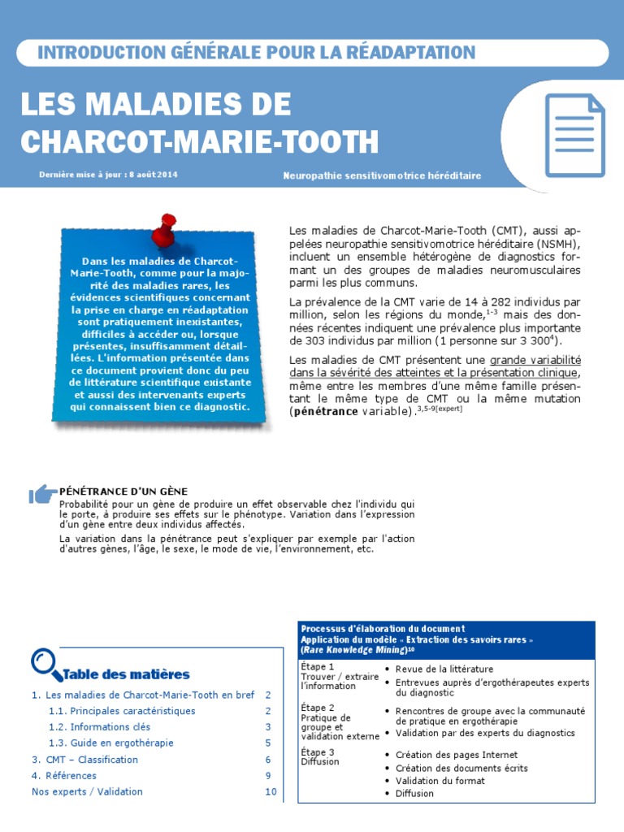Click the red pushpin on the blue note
pyautogui.click(x=168, y=228)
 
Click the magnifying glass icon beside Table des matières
pyautogui.click(x=45, y=664)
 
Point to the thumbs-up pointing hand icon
pyautogui.click(x=41, y=493)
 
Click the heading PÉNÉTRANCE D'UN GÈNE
pyautogui.click(x=123, y=492)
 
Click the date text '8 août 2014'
pyautogui.click(x=153, y=175)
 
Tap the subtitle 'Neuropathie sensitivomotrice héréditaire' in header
pyautogui.click(x=382, y=175)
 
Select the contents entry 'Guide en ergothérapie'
pyautogui.click(x=121, y=743)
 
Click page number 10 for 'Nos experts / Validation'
pyautogui.click(x=271, y=791)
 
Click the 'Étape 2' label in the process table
pyautogui.click(x=317, y=708)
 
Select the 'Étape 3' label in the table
pyautogui.click(x=317, y=752)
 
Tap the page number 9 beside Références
pyautogui.click(x=268, y=776)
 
